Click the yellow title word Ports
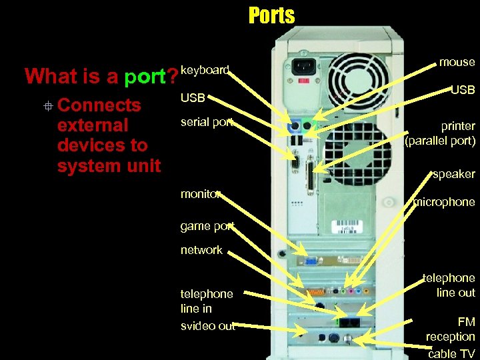pyautogui.click(x=271, y=15)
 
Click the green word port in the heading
pyautogui.click(x=144, y=77)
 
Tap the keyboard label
pyautogui.click(x=205, y=69)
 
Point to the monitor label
pyautogui.click(x=201, y=193)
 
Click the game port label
pyautogui.click(x=207, y=226)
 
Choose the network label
pyautogui.click(x=201, y=250)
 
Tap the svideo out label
pyautogui.click(x=207, y=326)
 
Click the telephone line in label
pyautogui.click(x=207, y=301)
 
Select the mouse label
pyautogui.click(x=457, y=62)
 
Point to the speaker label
pyautogui.click(x=453, y=174)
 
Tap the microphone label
pyautogui.click(x=444, y=201)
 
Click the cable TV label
pyautogui.click(x=451, y=354)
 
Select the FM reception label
pyautogui.click(x=451, y=329)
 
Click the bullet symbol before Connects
pyautogui.click(x=47, y=105)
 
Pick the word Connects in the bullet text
pyautogui.click(x=99, y=105)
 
